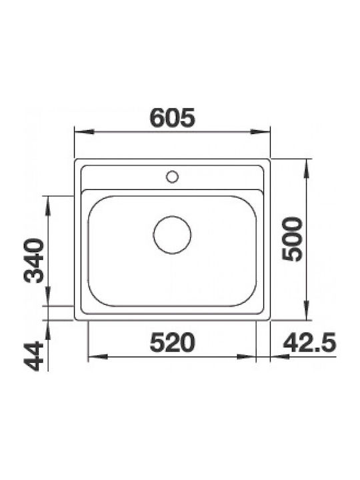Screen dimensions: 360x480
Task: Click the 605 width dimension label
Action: (x=173, y=118)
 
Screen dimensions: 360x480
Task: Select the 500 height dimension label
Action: (x=292, y=239)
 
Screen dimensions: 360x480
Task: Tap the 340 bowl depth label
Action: (x=34, y=261)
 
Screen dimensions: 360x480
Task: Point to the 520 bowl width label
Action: (x=173, y=343)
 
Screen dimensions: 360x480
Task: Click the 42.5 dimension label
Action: (x=309, y=343)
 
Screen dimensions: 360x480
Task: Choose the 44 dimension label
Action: (x=34, y=356)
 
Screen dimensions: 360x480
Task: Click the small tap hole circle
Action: (x=173, y=177)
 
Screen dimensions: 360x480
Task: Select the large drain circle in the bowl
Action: (x=172, y=235)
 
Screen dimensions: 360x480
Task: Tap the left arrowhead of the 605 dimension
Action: (x=84, y=132)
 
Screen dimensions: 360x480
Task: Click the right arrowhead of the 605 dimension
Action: (x=260, y=132)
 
